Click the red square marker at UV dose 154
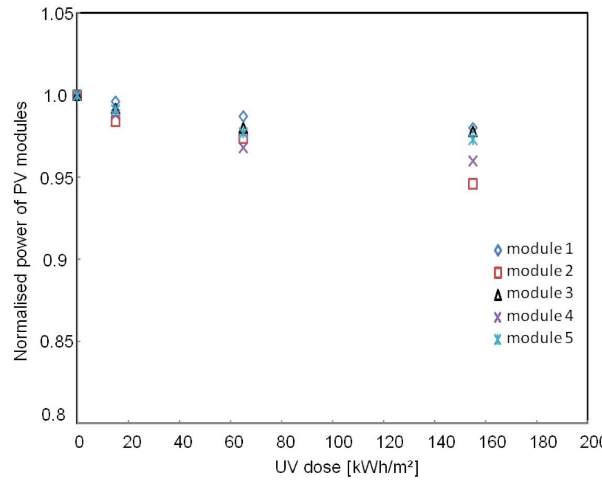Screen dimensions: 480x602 (x=473, y=184)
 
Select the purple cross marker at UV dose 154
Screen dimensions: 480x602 (x=473, y=161)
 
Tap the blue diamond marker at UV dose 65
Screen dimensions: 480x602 (x=243, y=116)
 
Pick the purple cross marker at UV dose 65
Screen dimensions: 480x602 (x=243, y=148)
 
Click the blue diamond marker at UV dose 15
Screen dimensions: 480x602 (x=115, y=101)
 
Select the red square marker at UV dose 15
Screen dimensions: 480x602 (x=115, y=122)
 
